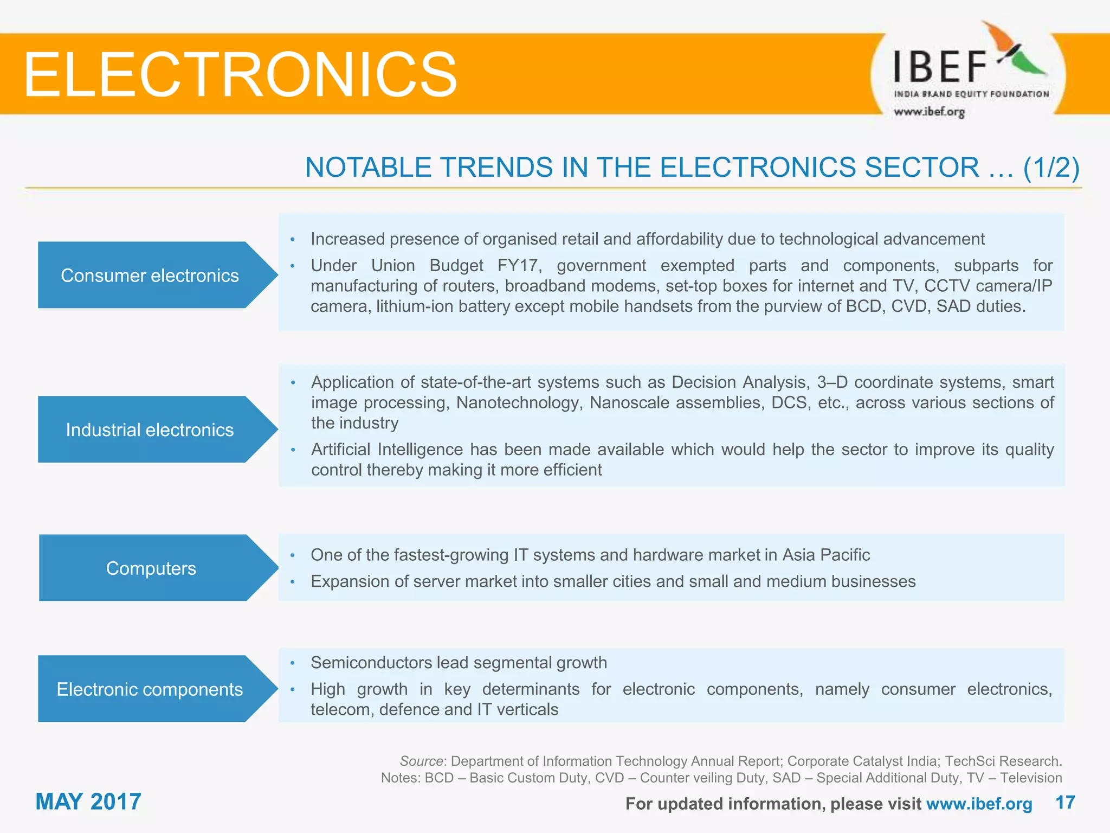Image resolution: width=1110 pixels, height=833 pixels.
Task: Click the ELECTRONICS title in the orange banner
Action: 240,74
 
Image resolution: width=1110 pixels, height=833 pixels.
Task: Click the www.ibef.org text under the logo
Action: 929,112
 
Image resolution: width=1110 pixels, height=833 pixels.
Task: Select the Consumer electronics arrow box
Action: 150,275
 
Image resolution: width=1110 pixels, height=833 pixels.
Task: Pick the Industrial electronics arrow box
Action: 150,430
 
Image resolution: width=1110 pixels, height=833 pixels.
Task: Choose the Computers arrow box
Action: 151,568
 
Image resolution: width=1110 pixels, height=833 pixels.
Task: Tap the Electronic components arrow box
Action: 150,689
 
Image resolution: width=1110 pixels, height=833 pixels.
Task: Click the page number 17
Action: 1065,802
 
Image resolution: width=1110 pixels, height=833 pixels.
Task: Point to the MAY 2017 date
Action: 88,802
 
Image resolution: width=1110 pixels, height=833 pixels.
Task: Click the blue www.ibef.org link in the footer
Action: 979,804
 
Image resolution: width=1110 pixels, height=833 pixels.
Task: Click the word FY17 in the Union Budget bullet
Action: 519,266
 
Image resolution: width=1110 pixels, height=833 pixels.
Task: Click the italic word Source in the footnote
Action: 421,761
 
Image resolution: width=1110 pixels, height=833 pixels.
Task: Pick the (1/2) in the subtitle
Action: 1051,167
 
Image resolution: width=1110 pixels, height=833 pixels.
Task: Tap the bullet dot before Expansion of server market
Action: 292,582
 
